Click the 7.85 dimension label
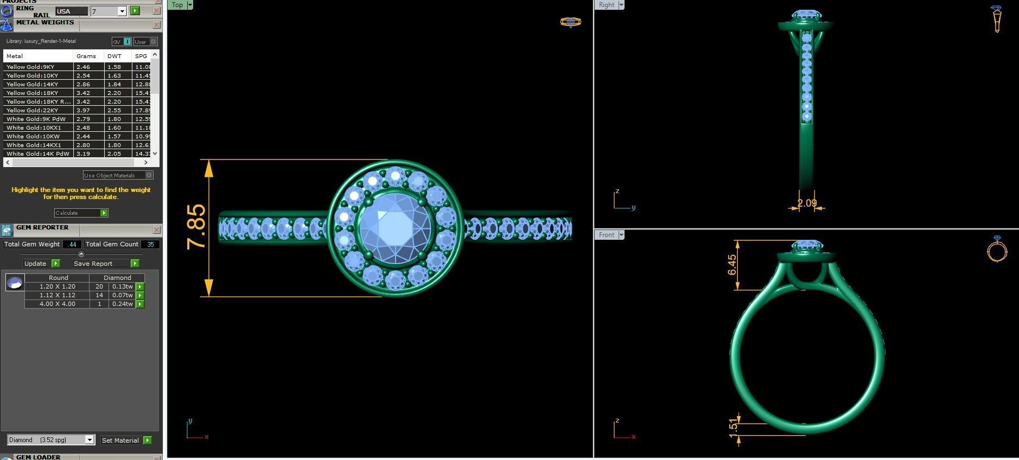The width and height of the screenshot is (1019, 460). point(196,227)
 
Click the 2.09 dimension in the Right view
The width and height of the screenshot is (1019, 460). point(807,203)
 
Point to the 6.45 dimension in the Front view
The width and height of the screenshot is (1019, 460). point(732,265)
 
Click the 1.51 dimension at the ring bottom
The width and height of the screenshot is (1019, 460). point(734,426)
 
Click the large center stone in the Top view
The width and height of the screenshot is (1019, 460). point(395,228)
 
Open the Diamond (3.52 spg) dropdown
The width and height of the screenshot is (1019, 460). point(90,440)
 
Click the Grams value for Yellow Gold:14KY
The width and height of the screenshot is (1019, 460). point(83,84)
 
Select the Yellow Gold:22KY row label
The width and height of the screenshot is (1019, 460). point(33,110)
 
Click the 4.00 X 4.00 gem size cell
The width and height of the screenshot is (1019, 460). point(57,304)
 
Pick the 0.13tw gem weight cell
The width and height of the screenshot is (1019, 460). point(123,286)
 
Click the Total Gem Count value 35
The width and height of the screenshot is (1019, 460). point(150,244)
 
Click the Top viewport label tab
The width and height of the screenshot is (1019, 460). point(177,5)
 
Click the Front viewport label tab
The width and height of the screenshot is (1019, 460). point(607,235)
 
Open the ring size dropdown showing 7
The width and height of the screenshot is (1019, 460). point(122,11)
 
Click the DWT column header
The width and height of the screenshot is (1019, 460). point(114,56)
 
